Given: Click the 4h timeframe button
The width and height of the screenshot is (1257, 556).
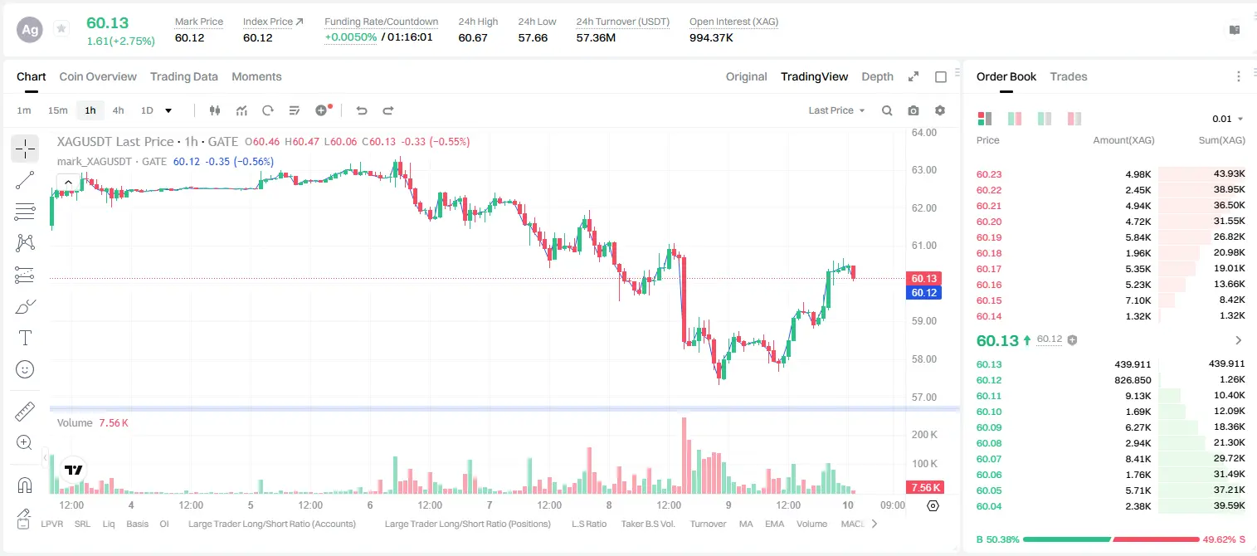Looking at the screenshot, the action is pyautogui.click(x=118, y=110).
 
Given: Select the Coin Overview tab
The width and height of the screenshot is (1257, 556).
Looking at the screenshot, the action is pyautogui.click(x=98, y=76).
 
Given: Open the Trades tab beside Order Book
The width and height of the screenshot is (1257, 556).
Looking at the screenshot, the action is pyautogui.click(x=1069, y=76).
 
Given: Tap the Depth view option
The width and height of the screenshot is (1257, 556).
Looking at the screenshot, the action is pyautogui.click(x=877, y=76).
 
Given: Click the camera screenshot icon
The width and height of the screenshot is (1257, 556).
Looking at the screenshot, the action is pyautogui.click(x=914, y=110).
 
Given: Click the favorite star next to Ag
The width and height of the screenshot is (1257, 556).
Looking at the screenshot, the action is pyautogui.click(x=61, y=28).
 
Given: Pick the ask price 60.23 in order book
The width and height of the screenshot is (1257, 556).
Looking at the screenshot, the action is pyautogui.click(x=989, y=174).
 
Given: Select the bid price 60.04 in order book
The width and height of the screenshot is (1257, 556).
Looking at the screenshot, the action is pyautogui.click(x=989, y=506).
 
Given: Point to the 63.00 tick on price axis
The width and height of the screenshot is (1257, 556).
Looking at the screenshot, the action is pyautogui.click(x=924, y=170).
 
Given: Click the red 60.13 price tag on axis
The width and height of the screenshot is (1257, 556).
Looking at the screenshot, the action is pyautogui.click(x=923, y=278).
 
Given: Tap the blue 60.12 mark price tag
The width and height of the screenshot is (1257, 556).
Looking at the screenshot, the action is pyautogui.click(x=923, y=292).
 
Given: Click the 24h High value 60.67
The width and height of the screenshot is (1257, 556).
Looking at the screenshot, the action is pyautogui.click(x=473, y=37).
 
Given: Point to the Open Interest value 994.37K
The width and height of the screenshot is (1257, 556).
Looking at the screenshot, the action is pyautogui.click(x=711, y=37).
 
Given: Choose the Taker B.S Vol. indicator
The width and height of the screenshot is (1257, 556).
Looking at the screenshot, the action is pyautogui.click(x=647, y=524).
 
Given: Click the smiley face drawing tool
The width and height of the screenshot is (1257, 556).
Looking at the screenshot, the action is pyautogui.click(x=25, y=369).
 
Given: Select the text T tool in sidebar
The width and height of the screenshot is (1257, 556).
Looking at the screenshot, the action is pyautogui.click(x=25, y=338).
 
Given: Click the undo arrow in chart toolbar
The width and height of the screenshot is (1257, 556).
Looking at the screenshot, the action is pyautogui.click(x=362, y=110).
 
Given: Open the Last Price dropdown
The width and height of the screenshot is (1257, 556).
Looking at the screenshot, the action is pyautogui.click(x=836, y=110).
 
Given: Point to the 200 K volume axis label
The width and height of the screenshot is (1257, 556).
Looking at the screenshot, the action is pyautogui.click(x=924, y=434).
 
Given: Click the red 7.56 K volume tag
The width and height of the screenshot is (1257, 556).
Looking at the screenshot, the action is pyautogui.click(x=925, y=488).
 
